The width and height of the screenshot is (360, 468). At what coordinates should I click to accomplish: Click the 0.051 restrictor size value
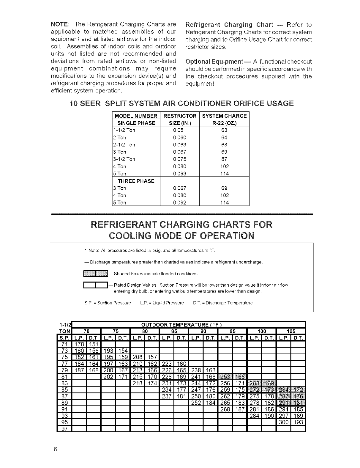tap(179, 130)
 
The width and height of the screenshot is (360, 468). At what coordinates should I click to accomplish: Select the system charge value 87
tap(224, 159)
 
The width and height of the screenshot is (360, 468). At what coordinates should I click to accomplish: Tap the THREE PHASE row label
tap(136, 181)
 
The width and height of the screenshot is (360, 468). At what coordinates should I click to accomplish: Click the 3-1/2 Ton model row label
tap(124, 159)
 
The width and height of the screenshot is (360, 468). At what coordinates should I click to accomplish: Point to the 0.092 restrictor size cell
tap(179, 203)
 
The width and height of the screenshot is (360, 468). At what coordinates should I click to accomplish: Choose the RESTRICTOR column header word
tap(180, 116)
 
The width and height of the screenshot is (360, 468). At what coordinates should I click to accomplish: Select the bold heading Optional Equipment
tap(218, 62)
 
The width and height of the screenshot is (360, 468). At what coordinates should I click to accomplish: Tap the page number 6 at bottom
tap(55, 449)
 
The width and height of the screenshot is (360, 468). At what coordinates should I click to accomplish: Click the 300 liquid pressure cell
tap(284, 422)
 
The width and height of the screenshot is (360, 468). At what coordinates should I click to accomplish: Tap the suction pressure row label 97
tap(65, 428)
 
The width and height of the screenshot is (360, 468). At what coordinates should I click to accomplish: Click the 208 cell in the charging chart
tap(138, 357)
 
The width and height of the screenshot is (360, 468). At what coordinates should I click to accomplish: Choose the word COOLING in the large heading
tap(133, 236)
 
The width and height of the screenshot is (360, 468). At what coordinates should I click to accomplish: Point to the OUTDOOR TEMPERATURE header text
tap(182, 324)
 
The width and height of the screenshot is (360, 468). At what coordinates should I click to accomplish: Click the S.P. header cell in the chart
tap(64, 337)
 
